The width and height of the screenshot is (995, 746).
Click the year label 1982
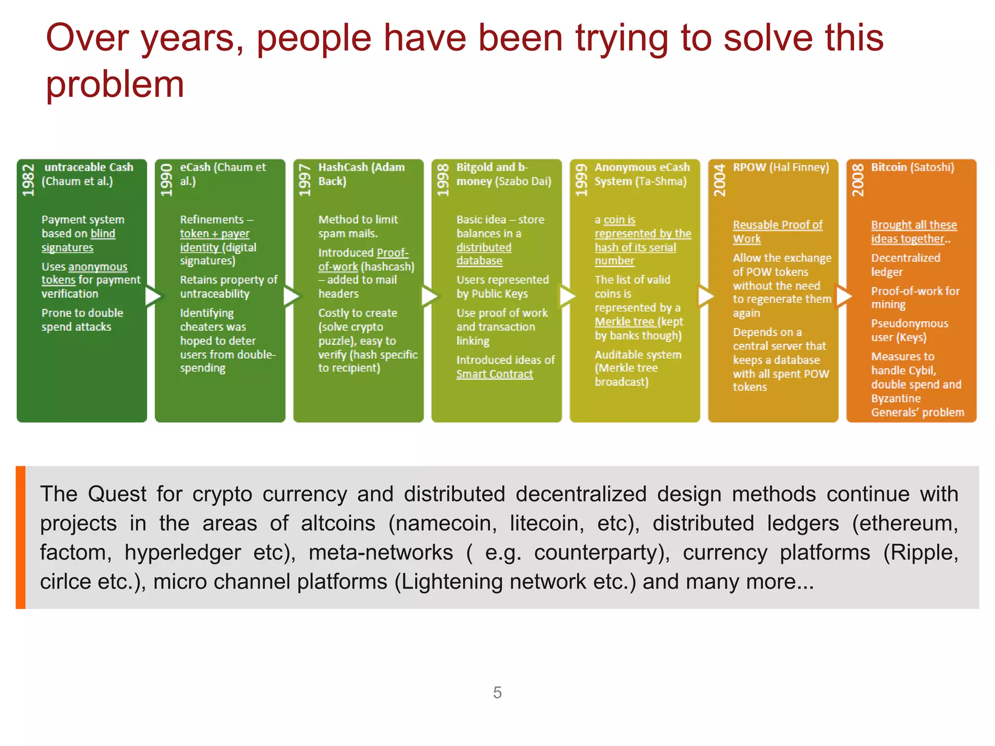click(x=29, y=180)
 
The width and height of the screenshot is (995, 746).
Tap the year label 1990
click(x=167, y=180)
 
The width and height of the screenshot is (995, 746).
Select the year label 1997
click(x=305, y=180)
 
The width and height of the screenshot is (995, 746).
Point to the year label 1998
click(x=443, y=180)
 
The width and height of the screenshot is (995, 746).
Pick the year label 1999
click(x=581, y=180)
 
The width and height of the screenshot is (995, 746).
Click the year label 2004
click(x=720, y=180)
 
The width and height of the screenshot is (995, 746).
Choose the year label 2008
click(x=858, y=180)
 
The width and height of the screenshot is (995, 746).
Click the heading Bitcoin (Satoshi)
click(x=912, y=168)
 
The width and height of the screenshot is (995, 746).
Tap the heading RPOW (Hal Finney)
click(x=781, y=168)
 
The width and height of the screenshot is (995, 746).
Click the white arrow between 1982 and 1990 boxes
click(x=152, y=296)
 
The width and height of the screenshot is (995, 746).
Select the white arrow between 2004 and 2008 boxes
click(x=843, y=296)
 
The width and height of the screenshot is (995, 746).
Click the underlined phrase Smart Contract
click(x=495, y=374)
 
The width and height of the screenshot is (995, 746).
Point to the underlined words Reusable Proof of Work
click(x=777, y=232)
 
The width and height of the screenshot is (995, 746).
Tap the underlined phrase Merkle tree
click(x=624, y=322)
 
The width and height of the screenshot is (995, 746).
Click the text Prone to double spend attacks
click(x=82, y=320)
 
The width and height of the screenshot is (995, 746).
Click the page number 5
click(x=497, y=692)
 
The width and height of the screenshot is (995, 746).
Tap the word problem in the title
click(x=115, y=84)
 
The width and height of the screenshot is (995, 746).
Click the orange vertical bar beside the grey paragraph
click(x=20, y=537)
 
